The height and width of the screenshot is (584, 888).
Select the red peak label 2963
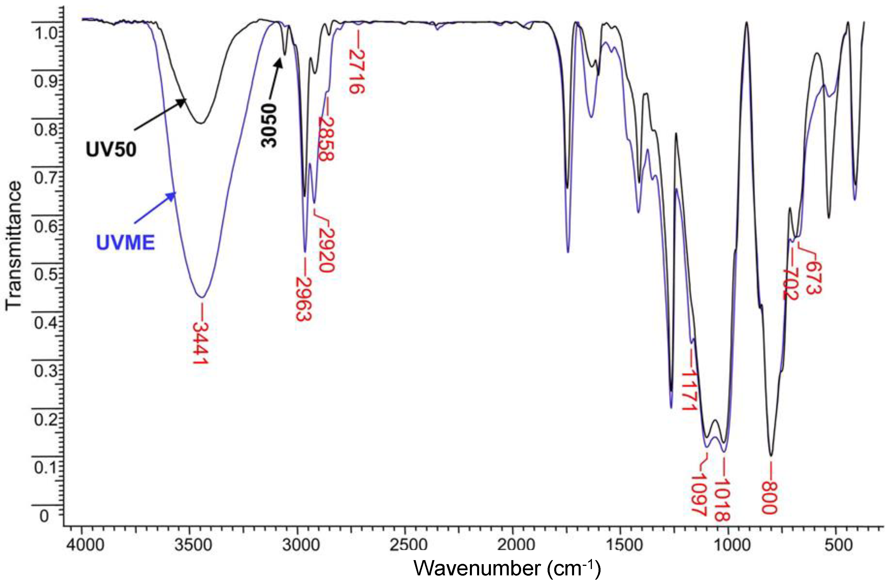coord(303,299)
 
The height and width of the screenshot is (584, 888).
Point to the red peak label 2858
coord(326,139)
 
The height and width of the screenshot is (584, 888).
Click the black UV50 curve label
coord(111,150)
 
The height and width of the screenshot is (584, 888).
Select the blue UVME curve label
coord(126,243)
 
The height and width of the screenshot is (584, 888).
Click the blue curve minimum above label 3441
coord(201,297)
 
